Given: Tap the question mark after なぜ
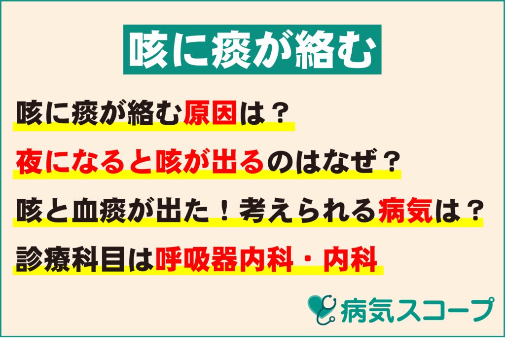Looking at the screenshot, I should click(389, 162).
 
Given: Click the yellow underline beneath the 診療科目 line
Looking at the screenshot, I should click(197, 272).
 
